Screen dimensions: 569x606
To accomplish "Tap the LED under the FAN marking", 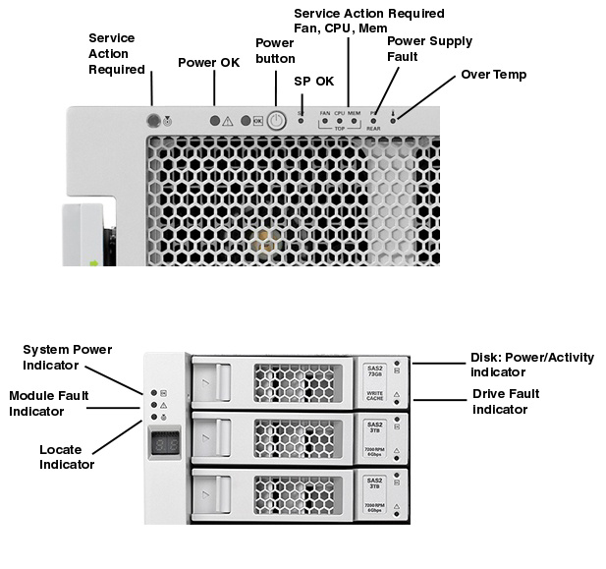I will pos(325,122).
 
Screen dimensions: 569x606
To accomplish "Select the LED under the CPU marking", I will pos(339,122).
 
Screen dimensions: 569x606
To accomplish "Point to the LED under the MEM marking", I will pos(354,122).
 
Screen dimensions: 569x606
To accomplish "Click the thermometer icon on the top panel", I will pos(392,112).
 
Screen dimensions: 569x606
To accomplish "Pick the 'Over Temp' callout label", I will pos(493,75).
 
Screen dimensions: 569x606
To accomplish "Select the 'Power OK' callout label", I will pos(208,63).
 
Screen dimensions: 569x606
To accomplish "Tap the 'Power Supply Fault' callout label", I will pos(429,49).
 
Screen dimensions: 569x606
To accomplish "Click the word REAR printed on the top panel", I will pos(374,129).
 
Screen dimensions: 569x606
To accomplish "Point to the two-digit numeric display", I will pos(166,444).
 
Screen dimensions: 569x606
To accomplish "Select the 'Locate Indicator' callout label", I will pos(67,457).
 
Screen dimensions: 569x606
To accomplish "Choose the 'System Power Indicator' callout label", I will pos(67,358).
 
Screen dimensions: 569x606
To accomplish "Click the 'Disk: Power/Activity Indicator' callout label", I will pos(530,365).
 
